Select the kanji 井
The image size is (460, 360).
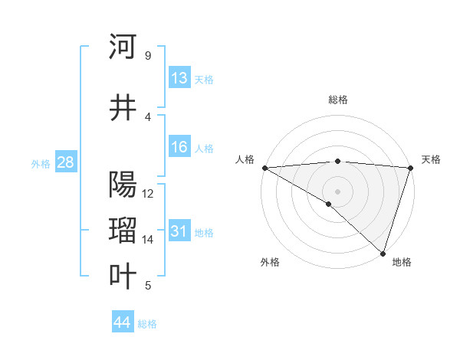coord(123,108)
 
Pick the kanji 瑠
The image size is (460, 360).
coord(123,230)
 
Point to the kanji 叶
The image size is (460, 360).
coord(123,276)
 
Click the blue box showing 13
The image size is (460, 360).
coord(179,78)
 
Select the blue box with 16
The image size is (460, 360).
coord(179,148)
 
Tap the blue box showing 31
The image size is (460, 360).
coord(179,231)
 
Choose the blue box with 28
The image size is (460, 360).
coord(65,163)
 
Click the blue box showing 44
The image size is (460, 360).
coord(123,323)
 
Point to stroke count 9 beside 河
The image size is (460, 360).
coord(147,55)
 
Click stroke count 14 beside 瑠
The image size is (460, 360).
coord(147,240)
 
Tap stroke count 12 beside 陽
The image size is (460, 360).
coord(148,193)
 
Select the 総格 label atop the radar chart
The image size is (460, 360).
coord(338,100)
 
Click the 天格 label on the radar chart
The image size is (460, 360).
coord(431,159)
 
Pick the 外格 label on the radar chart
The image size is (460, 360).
coord(270,262)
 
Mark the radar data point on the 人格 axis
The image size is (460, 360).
coord(264,168)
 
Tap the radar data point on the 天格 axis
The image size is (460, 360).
coord(410,168)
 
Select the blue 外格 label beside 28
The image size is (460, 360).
coord(40,164)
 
